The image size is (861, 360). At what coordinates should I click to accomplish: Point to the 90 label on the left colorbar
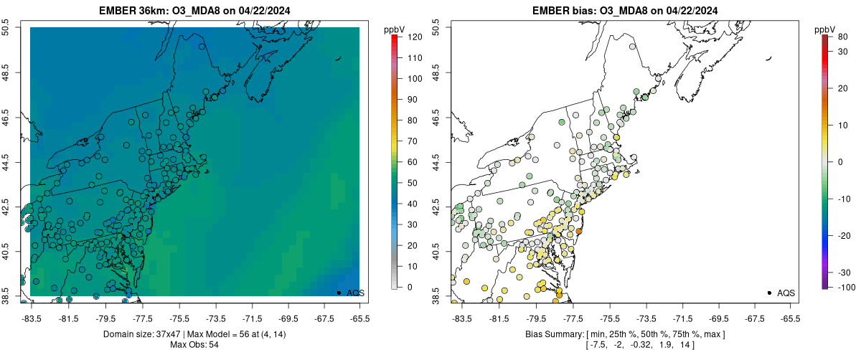coord(413,99)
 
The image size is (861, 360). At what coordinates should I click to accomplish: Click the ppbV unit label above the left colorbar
coord(395,29)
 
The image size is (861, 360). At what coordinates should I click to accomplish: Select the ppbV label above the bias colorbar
coord(825,29)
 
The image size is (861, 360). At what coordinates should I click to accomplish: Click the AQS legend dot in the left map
coord(339,293)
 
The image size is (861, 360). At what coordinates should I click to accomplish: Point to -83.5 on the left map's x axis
coord(31,317)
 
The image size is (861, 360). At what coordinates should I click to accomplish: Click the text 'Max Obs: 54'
coord(194,344)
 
